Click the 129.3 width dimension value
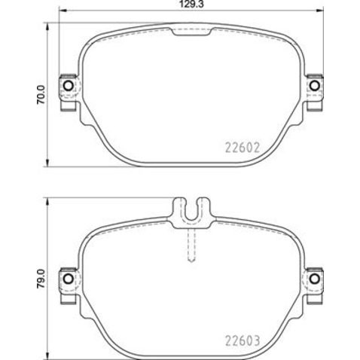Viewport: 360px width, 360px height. (x=192, y=5)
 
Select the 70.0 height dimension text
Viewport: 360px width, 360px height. (x=41, y=95)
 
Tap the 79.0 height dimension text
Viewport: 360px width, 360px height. (x=41, y=279)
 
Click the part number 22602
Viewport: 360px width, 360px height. (x=243, y=148)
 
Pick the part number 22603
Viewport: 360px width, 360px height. (x=243, y=340)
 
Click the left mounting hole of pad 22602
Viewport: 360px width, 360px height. (x=68, y=86)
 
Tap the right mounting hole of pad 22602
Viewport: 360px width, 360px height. (x=314, y=86)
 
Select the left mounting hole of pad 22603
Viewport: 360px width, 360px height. (x=68, y=279)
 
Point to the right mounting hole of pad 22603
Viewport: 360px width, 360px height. (x=314, y=279)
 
